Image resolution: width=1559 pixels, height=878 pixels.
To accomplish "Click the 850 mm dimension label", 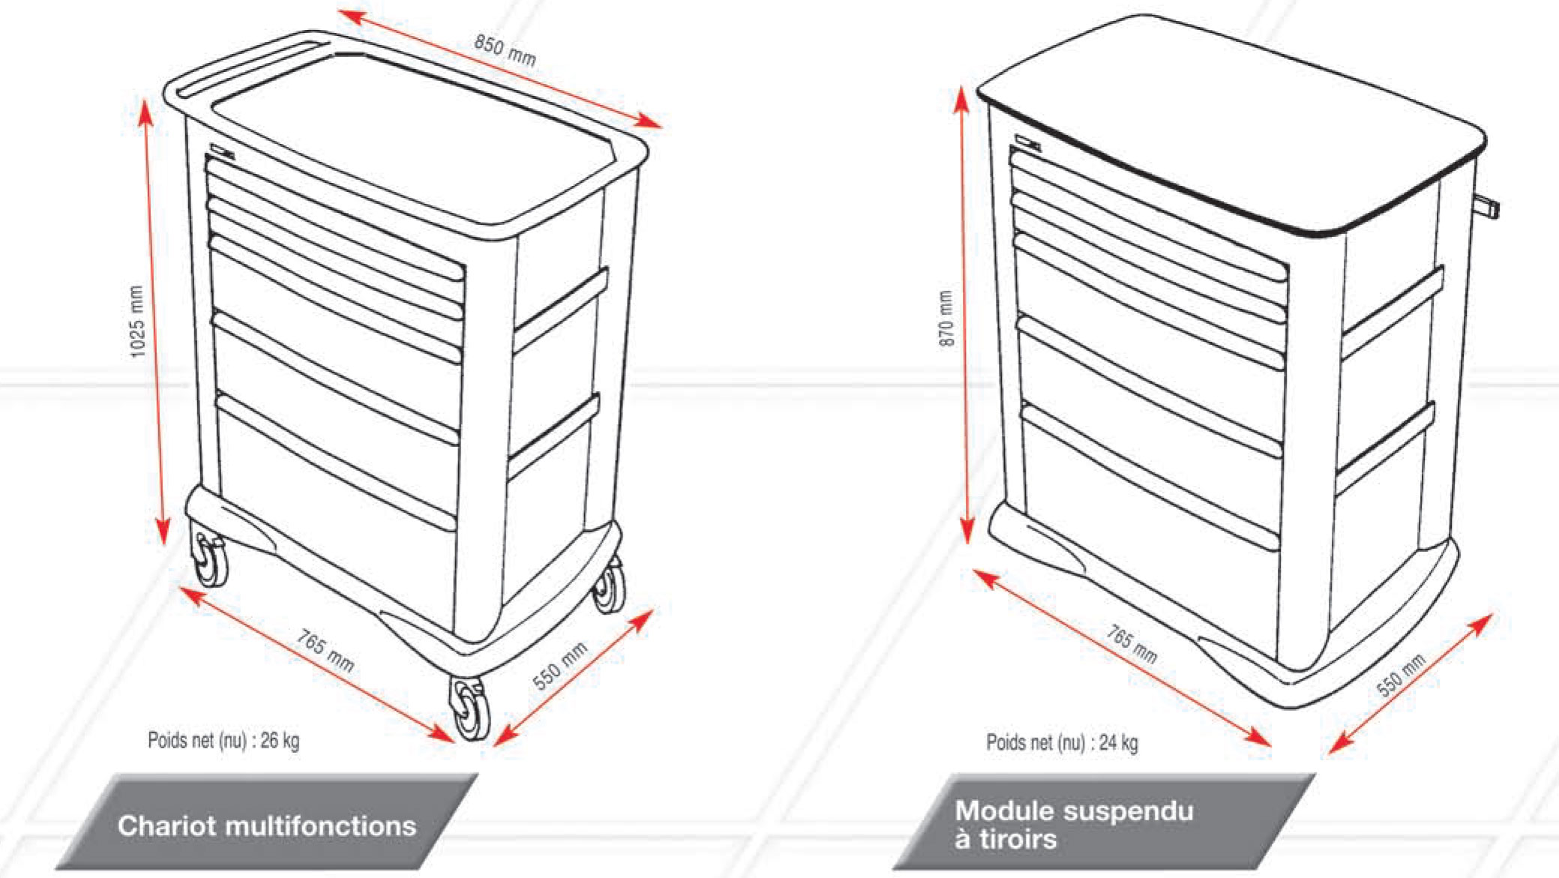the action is [505, 50].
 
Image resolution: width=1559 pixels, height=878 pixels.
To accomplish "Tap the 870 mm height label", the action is [946, 319].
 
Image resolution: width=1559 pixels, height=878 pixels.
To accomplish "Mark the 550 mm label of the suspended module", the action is [1401, 675].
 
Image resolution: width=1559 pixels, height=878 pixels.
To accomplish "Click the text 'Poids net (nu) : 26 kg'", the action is [223, 741].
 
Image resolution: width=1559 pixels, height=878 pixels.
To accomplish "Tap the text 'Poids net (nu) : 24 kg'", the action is [1062, 742].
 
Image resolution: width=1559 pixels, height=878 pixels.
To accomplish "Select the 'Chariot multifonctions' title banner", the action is [267, 822].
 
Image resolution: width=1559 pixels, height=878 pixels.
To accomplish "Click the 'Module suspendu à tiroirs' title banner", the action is [1104, 822].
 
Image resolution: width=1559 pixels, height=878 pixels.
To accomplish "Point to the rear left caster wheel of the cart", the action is [209, 559].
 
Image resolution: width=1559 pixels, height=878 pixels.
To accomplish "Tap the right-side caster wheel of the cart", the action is [609, 585].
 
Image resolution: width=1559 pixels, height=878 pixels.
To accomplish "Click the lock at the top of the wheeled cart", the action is [223, 151].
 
